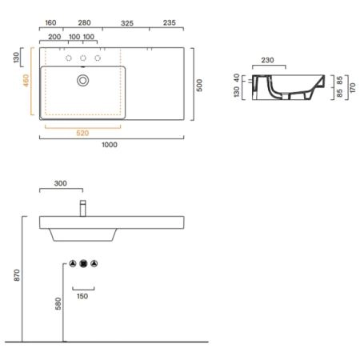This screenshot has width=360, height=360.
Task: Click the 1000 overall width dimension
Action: click(x=110, y=145)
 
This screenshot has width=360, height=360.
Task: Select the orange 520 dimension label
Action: click(x=82, y=133)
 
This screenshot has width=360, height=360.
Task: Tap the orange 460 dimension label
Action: click(x=26, y=80)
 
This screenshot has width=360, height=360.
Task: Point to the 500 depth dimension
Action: click(x=199, y=86)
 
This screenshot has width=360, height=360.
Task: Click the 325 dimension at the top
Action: click(x=127, y=23)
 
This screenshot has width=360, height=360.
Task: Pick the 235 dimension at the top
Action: click(x=170, y=23)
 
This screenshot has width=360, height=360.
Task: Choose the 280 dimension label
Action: click(x=84, y=23)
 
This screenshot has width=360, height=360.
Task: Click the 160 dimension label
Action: click(x=50, y=23)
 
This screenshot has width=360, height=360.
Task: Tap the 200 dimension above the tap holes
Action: click(x=54, y=37)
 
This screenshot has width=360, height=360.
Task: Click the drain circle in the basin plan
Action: click(x=83, y=80)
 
